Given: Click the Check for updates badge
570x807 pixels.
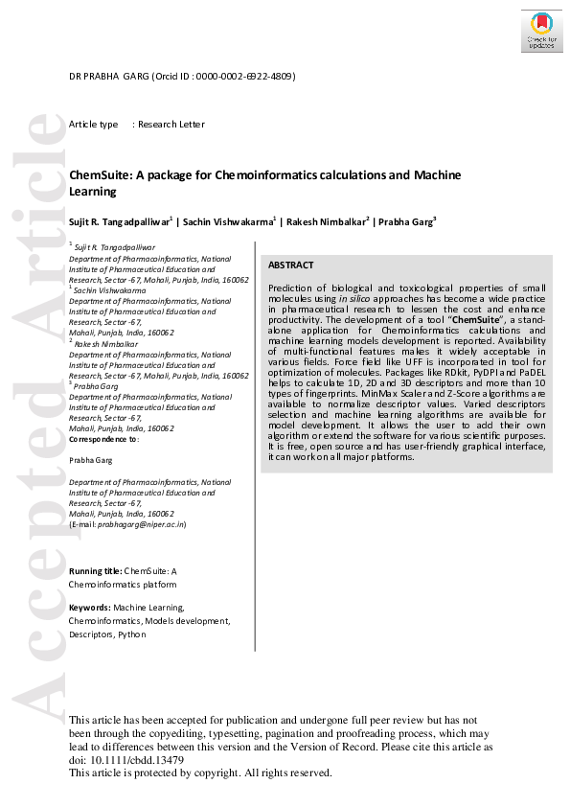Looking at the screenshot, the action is click(x=541, y=32).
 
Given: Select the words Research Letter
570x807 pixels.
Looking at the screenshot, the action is click(x=171, y=125).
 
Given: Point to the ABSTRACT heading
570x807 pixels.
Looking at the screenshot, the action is click(x=290, y=265).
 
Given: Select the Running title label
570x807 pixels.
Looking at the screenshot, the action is click(x=95, y=571).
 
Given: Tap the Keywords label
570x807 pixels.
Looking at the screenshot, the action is click(x=90, y=608).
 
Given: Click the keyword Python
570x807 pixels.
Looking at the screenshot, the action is click(x=133, y=634).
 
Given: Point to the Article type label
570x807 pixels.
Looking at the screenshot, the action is click(x=93, y=125).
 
